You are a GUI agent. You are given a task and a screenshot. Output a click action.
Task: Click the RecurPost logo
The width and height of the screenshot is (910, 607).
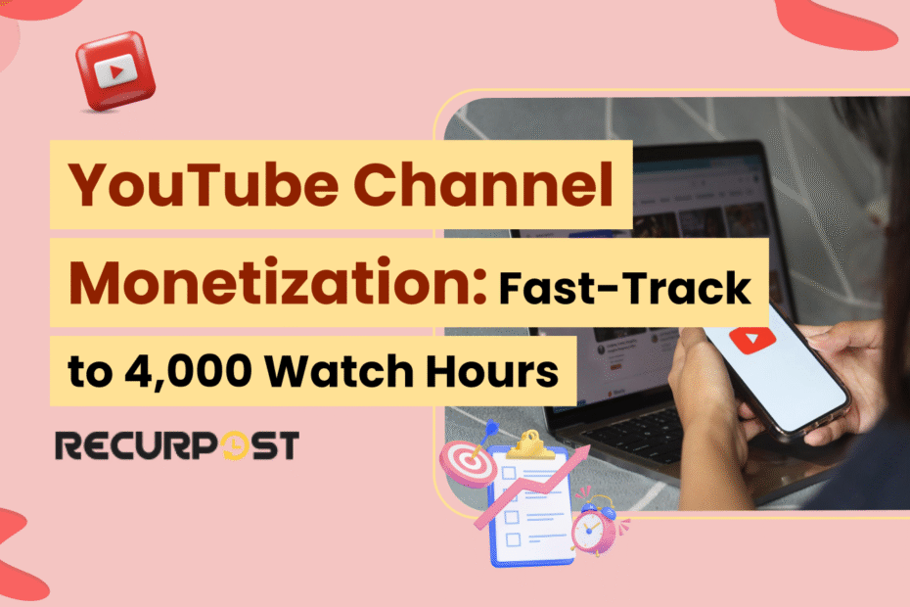[177, 446]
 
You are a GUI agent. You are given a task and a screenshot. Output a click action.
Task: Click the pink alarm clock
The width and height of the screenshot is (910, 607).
[593, 529]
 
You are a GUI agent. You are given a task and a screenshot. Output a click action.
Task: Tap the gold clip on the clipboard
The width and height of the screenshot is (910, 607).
[527, 442]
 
